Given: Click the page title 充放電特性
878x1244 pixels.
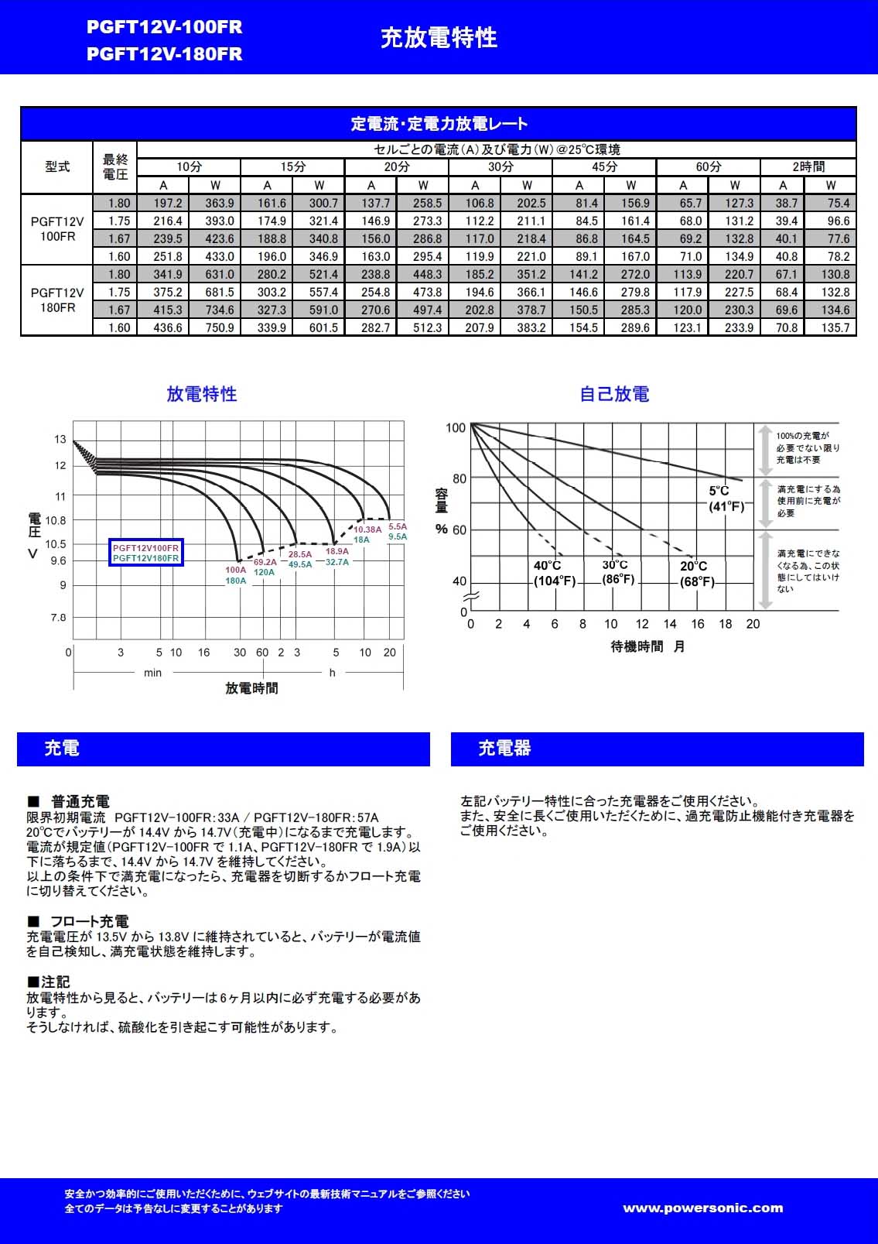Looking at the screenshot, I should [x=439, y=38].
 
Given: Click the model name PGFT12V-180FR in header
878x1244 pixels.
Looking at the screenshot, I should [x=164, y=54].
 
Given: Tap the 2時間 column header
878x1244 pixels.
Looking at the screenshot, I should [x=808, y=166].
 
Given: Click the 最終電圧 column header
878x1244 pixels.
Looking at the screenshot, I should [x=115, y=167].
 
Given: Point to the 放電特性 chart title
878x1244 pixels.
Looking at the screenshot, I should [x=201, y=394].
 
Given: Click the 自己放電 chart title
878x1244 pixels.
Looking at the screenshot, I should [x=614, y=394].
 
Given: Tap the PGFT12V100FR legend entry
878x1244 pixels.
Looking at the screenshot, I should [x=145, y=548].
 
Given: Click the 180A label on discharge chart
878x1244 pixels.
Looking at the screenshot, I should [x=236, y=581].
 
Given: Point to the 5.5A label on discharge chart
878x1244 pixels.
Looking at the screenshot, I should [x=398, y=526].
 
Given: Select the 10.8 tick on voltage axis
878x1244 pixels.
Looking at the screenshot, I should [x=56, y=520].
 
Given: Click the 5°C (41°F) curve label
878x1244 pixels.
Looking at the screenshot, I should [x=726, y=499].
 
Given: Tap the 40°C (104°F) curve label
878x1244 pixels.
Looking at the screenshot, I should [x=554, y=574].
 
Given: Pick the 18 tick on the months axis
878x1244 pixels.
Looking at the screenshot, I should [x=725, y=624].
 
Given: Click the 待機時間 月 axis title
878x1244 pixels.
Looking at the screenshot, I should [x=647, y=646].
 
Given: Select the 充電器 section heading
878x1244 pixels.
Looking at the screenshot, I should [x=504, y=749].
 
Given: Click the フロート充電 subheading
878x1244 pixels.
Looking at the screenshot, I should [x=89, y=921].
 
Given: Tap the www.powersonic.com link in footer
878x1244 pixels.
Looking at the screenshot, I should [x=702, y=1208].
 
